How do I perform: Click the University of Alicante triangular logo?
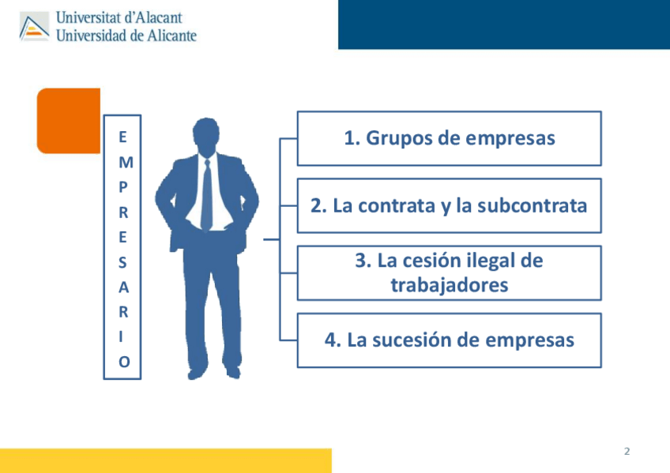point(34,27)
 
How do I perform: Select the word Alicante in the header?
point(171,35)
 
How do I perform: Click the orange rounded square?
point(69,121)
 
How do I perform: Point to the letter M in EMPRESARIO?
point(126,163)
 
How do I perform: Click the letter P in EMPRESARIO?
point(123,187)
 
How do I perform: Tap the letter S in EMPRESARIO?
point(122,262)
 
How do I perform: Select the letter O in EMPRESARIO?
point(124,362)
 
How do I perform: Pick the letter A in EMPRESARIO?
point(123,287)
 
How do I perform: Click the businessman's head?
point(206,137)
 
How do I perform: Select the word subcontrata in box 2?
point(532,205)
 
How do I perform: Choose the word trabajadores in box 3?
point(450,285)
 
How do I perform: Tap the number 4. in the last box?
point(333,340)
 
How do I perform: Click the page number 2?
point(627,451)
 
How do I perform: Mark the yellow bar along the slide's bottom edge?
point(166,460)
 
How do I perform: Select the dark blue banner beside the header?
point(504,24)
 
